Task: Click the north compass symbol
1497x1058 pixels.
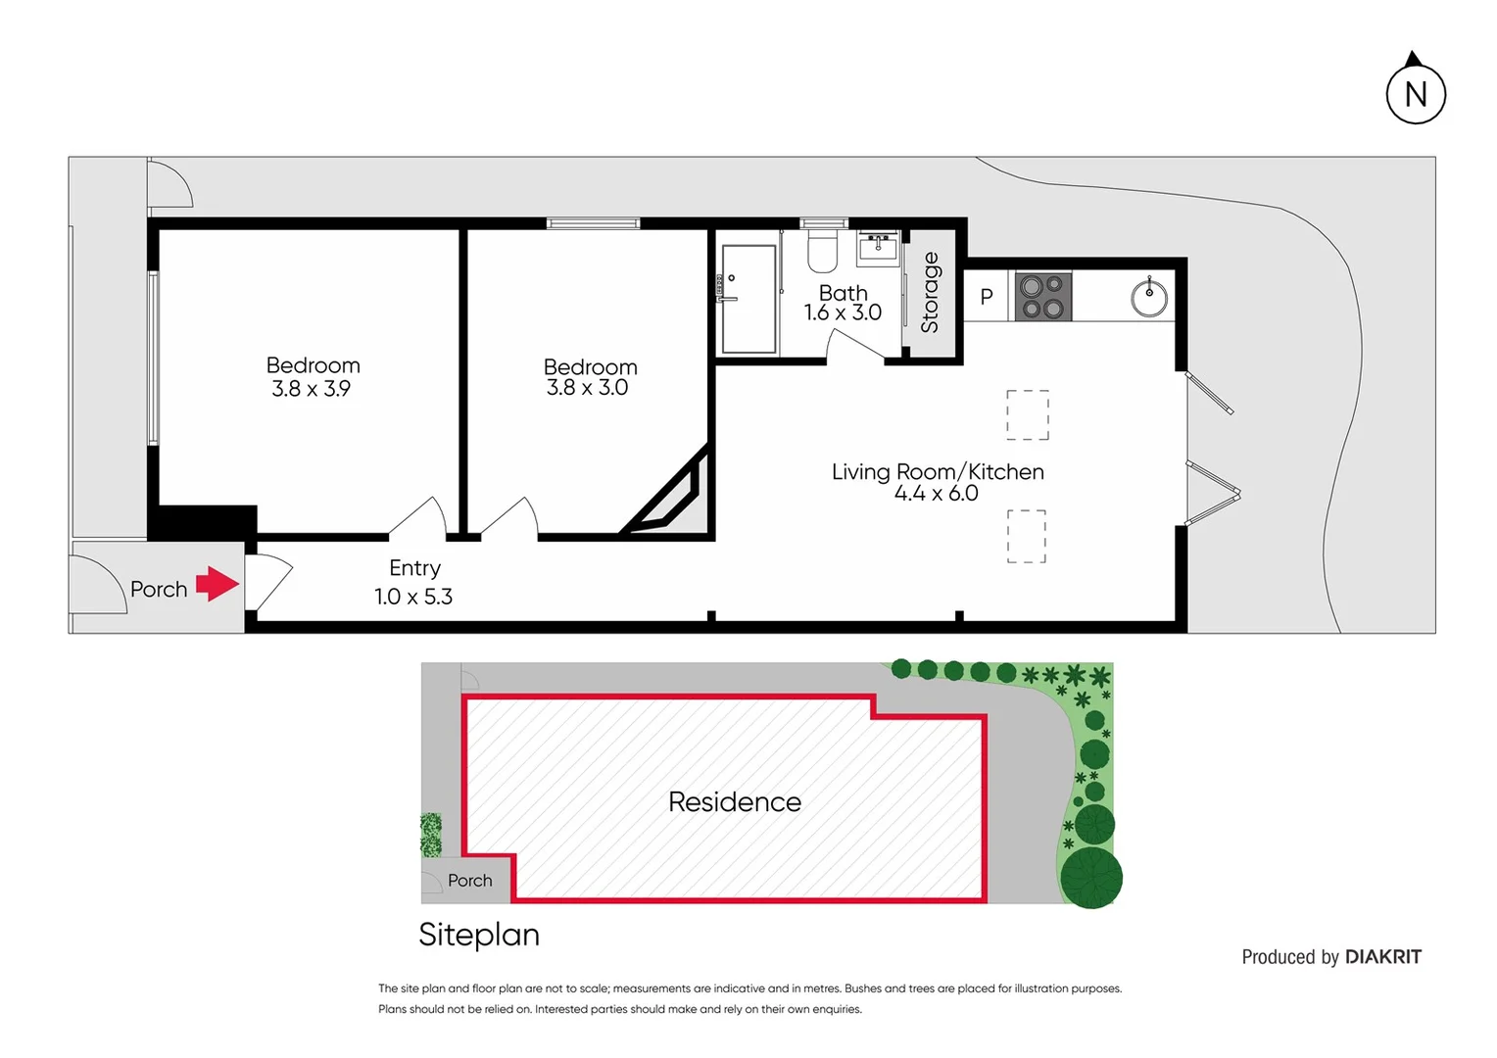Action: coord(1415,92)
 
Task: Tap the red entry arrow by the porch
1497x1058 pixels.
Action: coord(217,584)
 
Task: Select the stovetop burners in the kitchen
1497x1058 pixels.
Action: coord(1042,297)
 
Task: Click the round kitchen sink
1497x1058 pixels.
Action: coord(1149,297)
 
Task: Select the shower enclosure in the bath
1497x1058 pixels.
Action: coord(748,299)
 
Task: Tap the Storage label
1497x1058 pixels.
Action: coord(930,292)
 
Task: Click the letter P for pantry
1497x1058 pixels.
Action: coord(987,297)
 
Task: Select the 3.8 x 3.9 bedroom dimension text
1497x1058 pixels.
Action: coord(311,389)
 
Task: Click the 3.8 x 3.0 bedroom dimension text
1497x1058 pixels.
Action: coord(587,388)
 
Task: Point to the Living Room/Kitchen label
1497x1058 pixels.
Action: coord(938,471)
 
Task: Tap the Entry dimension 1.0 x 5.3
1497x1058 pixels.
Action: coord(413,597)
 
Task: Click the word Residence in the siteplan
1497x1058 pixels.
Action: coord(735,801)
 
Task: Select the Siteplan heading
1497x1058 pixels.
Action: coord(479,935)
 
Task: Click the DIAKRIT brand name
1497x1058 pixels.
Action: coord(1382,957)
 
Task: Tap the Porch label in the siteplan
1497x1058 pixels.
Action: coord(469,881)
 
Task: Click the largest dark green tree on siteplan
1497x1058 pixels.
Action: coord(1091,877)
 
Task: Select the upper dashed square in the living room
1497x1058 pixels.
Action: coord(1028,414)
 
